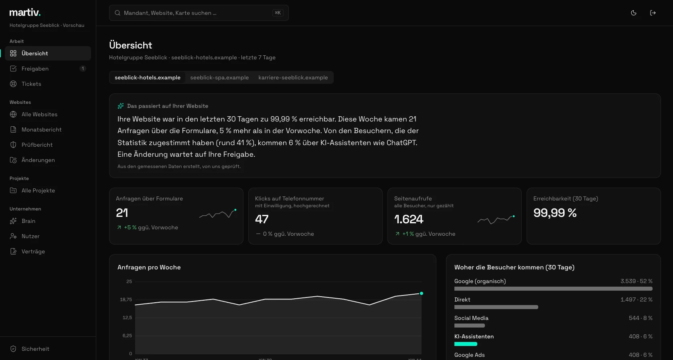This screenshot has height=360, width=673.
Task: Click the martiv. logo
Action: coord(25,12)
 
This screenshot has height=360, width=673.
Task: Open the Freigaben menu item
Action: coord(35,69)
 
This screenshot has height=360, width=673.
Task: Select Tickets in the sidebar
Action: coord(31,84)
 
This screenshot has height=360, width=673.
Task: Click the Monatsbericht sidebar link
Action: coord(41,129)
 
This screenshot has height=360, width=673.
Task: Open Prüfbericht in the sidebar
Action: coord(37,145)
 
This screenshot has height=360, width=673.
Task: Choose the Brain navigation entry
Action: coord(28,221)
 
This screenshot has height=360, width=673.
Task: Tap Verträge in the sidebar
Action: coord(33,251)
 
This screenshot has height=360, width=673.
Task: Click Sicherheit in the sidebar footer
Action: coord(35,349)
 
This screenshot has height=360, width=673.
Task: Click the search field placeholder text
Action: coord(170,13)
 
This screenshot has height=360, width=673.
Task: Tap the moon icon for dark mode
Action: coord(634,13)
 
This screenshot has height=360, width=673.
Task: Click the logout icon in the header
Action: coord(653,13)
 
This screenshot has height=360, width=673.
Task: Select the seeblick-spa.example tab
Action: coord(219,77)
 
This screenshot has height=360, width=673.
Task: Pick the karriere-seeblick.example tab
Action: coord(293,77)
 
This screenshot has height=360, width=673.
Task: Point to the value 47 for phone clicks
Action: coord(261,219)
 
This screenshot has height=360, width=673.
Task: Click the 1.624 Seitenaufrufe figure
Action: coord(409,219)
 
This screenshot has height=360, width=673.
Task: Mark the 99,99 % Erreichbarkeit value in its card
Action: coord(555,213)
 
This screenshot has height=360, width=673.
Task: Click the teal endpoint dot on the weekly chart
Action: coord(422,293)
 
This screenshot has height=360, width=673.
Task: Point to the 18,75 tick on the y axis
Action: coord(126,299)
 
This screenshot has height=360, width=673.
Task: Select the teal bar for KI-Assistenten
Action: coord(466,344)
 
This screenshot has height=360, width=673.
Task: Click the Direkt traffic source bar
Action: coord(496,307)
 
